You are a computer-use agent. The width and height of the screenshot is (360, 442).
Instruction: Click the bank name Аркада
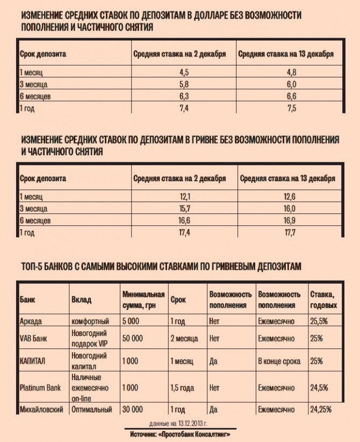(31, 322)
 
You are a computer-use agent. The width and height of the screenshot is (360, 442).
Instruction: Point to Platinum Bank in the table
(40, 387)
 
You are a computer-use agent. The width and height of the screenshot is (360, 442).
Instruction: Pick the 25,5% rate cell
(320, 322)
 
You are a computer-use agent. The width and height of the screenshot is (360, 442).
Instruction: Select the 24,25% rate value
(321, 409)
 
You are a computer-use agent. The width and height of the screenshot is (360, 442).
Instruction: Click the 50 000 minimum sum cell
(132, 339)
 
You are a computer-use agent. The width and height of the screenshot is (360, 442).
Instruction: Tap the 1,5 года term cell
(183, 387)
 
